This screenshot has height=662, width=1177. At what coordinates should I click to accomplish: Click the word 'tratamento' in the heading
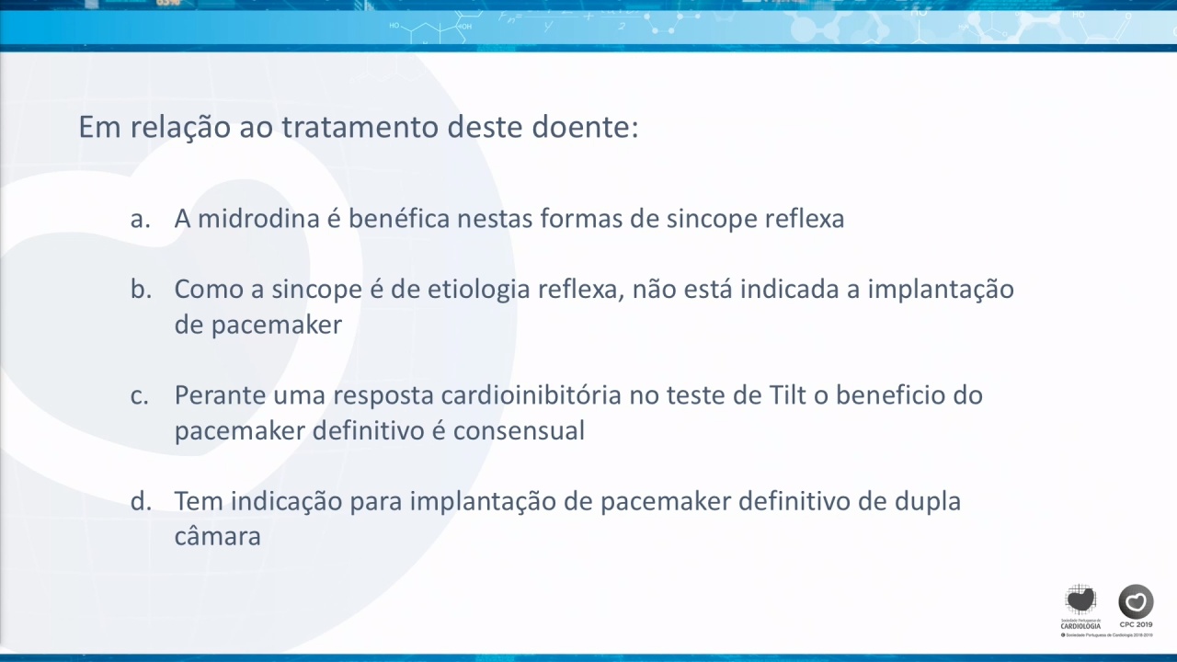tap(360, 127)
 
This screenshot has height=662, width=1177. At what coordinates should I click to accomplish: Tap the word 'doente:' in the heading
tap(586, 127)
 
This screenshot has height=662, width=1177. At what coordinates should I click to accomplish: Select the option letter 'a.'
tap(141, 219)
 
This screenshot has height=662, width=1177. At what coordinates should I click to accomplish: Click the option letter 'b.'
tap(142, 289)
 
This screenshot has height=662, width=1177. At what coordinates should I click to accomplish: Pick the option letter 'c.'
tap(140, 395)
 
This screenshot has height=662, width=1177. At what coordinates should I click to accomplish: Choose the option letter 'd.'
tap(142, 501)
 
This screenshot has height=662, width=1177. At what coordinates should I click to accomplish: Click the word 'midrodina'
tap(258, 218)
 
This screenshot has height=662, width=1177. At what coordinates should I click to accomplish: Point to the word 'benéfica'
tap(399, 218)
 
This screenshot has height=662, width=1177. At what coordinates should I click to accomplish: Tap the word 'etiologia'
tap(479, 290)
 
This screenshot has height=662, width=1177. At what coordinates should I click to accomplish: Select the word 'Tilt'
tap(788, 395)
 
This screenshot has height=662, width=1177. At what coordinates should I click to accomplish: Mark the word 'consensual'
tap(520, 431)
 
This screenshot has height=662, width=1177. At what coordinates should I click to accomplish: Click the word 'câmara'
tap(218, 536)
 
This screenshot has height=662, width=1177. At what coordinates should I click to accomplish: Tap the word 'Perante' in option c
tap(220, 395)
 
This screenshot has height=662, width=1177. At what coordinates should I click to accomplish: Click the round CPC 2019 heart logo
tap(1136, 601)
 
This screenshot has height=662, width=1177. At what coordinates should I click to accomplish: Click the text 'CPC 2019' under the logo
tap(1136, 624)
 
